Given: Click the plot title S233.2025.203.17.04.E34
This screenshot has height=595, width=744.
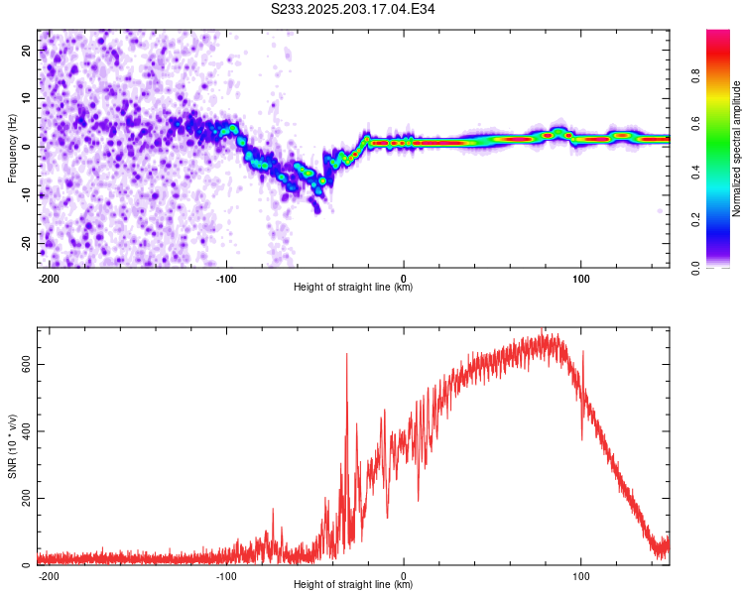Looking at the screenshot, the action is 352,9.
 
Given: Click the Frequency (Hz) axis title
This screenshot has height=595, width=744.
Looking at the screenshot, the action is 12,149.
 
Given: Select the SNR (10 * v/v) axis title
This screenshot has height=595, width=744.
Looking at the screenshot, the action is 12,446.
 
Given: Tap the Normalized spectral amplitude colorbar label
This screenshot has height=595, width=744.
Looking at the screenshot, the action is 736,149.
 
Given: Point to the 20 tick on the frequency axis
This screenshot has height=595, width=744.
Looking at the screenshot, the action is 27,50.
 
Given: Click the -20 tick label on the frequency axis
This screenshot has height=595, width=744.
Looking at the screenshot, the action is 27,243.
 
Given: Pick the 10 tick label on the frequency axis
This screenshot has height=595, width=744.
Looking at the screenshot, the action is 27,98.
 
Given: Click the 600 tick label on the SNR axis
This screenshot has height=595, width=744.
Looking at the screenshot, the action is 27,364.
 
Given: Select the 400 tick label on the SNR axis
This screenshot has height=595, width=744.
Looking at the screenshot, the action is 27,430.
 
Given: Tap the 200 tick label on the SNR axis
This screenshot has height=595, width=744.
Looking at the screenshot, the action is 27,498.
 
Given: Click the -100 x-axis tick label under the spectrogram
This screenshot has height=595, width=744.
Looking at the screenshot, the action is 226,279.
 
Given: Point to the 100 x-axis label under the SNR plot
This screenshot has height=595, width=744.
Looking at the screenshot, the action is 580,576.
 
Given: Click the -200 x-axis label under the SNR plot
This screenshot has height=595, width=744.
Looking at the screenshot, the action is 49,576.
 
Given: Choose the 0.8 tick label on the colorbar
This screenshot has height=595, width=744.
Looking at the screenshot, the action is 695,75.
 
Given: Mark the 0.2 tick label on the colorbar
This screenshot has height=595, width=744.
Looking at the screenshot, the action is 695,220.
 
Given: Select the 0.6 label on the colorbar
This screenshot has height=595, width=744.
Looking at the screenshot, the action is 695,123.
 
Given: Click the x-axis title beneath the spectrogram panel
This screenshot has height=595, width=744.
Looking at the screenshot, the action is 353,287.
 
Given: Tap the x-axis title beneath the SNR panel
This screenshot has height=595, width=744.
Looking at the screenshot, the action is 353,584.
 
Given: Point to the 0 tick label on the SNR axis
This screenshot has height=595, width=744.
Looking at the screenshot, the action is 27,564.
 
